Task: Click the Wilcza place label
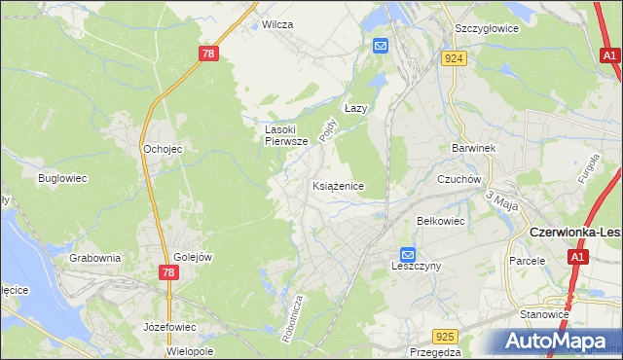point(277,24)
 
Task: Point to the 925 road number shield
point(445,337)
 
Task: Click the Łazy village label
point(355,109)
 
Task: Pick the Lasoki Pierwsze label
point(287,134)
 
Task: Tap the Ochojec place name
point(163,149)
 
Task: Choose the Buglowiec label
point(63,178)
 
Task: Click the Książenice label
point(338,185)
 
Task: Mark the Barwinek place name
point(474,148)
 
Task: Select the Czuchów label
point(459,179)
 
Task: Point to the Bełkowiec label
point(441,221)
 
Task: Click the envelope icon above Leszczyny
point(409,253)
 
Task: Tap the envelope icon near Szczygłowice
point(380,46)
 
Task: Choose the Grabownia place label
point(94,258)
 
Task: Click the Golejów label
point(193,257)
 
